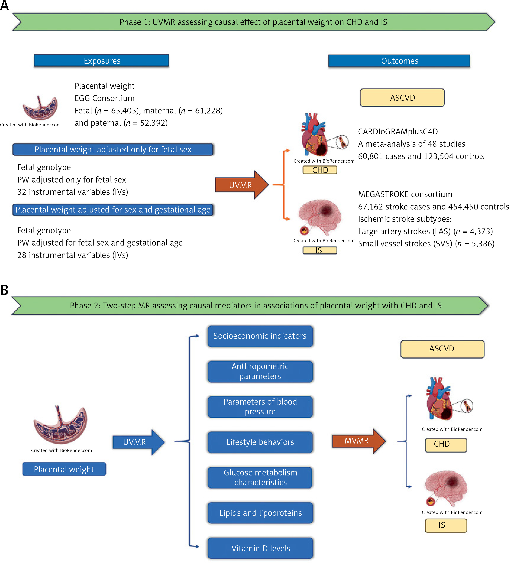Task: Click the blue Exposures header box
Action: tap(101, 61)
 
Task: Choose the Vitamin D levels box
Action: tap(260, 548)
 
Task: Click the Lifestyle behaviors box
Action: tap(260, 442)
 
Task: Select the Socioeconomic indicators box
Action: tap(260, 336)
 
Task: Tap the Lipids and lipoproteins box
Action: tap(260, 513)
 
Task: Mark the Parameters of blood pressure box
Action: tap(260, 407)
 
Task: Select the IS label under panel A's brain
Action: tap(320, 250)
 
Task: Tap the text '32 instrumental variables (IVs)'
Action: tap(73, 192)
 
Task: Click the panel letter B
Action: tap(4, 290)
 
